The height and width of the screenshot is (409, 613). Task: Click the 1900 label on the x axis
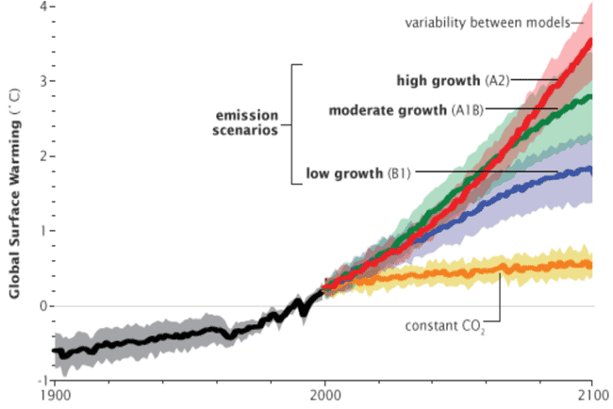tap(54, 397)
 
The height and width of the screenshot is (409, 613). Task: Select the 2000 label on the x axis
tap(324, 397)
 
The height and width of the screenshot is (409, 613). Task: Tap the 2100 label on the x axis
tap(591, 397)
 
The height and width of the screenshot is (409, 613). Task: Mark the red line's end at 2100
tap(590, 41)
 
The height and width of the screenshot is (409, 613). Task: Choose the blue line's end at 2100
tap(590, 170)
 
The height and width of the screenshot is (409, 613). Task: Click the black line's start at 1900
tap(55, 351)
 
